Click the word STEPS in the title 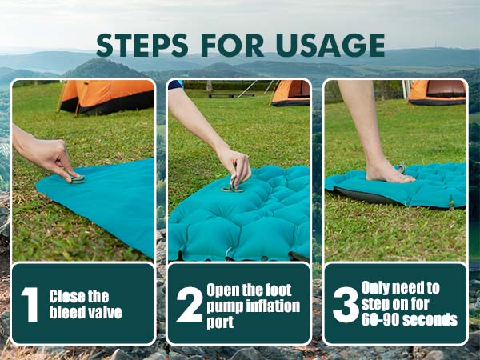click(x=142, y=46)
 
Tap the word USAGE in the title click(x=330, y=46)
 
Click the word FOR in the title click(x=232, y=46)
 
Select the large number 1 click(x=30, y=304)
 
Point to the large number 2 click(x=190, y=304)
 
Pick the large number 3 click(x=346, y=305)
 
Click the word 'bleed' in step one click(x=63, y=312)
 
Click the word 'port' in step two click(x=220, y=322)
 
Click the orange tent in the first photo click(x=106, y=98)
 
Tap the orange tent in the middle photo click(x=290, y=93)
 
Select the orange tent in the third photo click(x=437, y=92)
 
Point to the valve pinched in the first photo click(x=77, y=178)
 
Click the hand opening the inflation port click(x=234, y=166)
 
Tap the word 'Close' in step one click(x=66, y=296)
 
